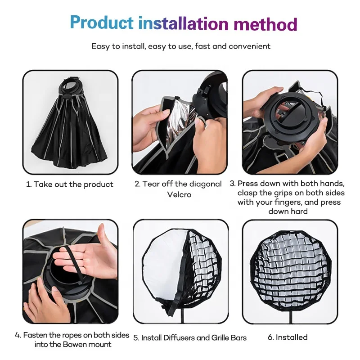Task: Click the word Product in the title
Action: [102, 22]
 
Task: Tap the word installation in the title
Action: [183, 23]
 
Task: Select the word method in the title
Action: [265, 23]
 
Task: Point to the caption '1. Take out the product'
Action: [70, 184]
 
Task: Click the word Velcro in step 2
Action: [179, 194]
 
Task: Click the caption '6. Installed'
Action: [288, 337]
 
